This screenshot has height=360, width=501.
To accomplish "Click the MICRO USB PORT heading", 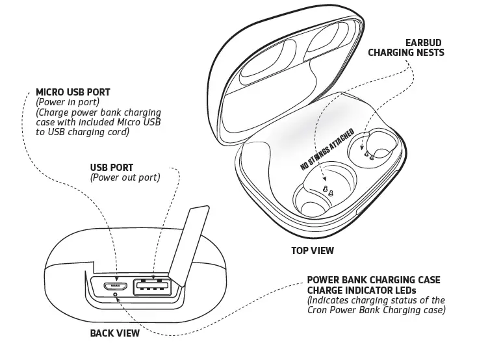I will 73,92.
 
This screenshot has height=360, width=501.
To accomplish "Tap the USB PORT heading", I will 111,168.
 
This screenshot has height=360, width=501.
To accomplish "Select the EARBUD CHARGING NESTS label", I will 406,47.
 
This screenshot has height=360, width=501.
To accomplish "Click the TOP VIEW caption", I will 312,250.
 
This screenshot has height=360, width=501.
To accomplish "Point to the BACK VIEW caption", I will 114,334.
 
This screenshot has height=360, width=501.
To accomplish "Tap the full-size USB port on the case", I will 151,286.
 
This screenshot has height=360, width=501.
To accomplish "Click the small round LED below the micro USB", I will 116,294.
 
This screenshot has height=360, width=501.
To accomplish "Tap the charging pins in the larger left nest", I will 328,190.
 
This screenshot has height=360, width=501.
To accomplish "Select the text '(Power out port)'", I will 125,177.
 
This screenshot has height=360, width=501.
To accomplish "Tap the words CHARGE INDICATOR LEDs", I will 361,290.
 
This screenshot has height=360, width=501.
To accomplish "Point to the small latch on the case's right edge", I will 359,211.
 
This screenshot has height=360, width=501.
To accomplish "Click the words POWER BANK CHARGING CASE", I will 373,280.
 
